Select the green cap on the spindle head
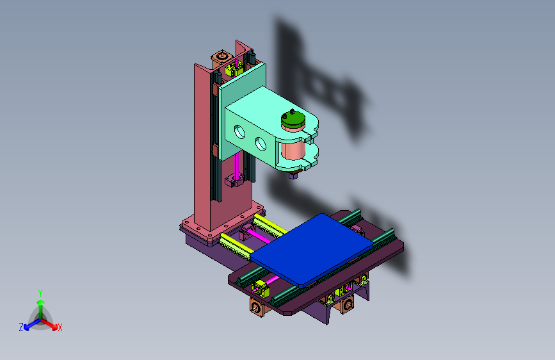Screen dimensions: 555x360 click(x=293, y=120)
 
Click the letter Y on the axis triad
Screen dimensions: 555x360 click(x=40, y=293)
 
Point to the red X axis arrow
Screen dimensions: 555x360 click(x=49, y=323)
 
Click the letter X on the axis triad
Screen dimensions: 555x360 click(x=60, y=328)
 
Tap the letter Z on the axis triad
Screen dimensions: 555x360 click(x=21, y=327)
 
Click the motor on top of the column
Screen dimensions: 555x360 click(x=221, y=58)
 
